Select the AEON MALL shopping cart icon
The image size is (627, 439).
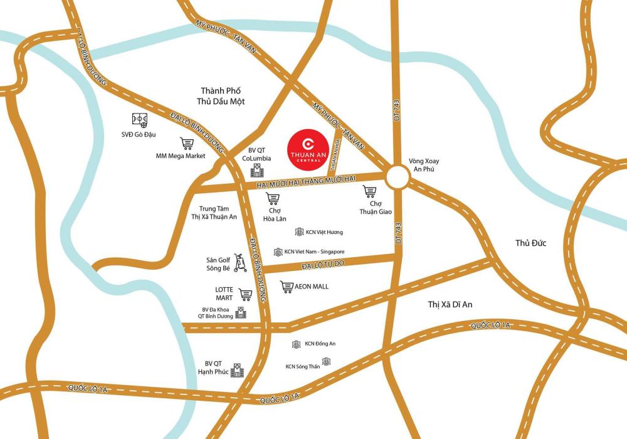287,287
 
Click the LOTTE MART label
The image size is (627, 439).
224,294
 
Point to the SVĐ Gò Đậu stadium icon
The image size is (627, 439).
139,120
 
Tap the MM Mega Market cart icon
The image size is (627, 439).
187,144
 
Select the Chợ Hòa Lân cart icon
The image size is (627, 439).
273,199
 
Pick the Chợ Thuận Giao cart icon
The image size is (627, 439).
369,191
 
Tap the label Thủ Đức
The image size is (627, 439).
530,243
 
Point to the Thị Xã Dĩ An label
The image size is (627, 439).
450,304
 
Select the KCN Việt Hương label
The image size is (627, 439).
324,232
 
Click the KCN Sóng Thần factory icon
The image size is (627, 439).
326,362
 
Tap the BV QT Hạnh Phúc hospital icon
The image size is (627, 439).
237,370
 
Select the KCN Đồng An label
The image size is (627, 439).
320,344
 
